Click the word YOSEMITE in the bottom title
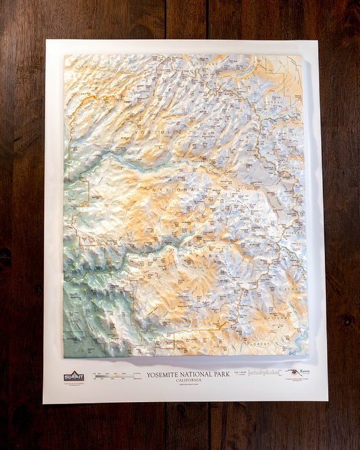[164, 374]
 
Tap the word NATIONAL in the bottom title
[195, 374]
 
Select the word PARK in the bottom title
[221, 374]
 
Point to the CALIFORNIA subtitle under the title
[188, 379]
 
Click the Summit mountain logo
[74, 376]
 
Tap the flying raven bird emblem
[292, 372]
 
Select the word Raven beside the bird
[305, 372]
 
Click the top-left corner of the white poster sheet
[46, 41]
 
